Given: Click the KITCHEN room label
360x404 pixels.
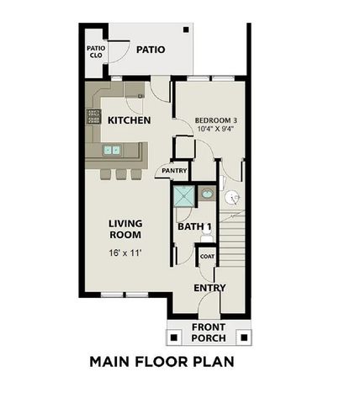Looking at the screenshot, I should tap(129, 120).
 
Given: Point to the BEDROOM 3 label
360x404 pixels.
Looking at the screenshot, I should tap(216, 120).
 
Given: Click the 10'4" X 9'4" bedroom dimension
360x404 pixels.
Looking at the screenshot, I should tap(216, 130).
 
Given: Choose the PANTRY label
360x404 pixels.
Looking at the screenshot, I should tap(173, 171).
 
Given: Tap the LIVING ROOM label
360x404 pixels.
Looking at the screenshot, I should tap(125, 229).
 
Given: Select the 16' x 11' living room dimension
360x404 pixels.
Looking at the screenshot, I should tap(125, 252).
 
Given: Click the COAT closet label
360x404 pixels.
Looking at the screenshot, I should tap(206, 257).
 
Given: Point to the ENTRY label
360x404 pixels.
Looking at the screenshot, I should tap(209, 288).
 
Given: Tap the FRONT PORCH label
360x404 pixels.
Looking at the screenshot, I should tap(209, 333).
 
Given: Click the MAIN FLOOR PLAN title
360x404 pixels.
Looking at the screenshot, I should tap(161, 363).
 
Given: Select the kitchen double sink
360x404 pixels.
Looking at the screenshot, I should tap(111, 151).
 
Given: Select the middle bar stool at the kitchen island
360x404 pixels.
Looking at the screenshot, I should tap(120, 174).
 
